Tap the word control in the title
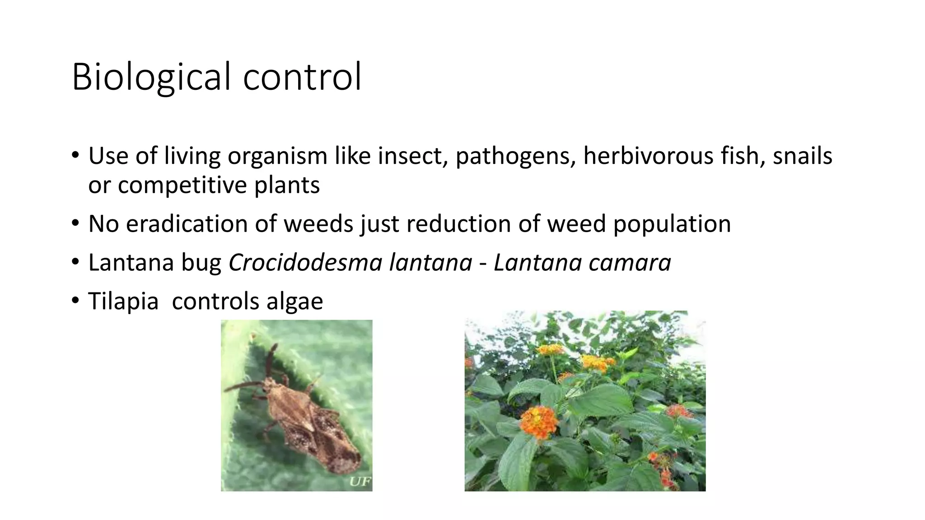tap(302, 76)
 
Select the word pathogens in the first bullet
tap(515, 156)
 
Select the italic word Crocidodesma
tap(305, 263)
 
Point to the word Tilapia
tap(123, 301)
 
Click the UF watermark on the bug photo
tap(360, 483)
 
